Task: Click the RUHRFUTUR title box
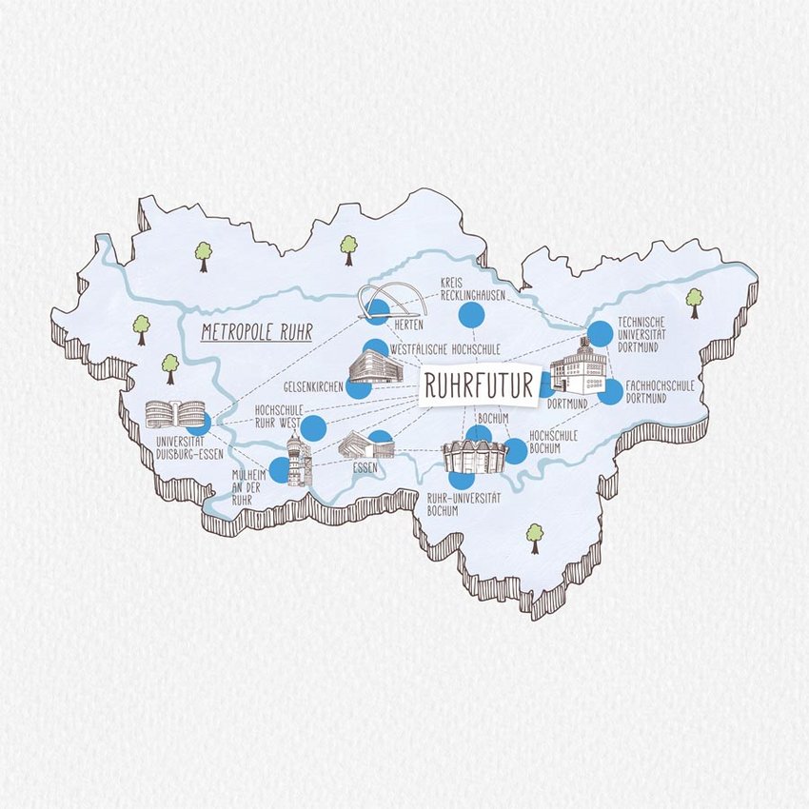click(x=478, y=385)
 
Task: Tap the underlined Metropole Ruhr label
click(x=257, y=333)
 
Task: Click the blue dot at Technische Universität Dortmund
click(x=600, y=332)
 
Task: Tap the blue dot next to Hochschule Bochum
click(x=515, y=451)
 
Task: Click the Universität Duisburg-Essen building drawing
click(x=173, y=415)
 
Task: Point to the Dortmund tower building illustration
click(x=577, y=370)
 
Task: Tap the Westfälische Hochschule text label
click(x=440, y=349)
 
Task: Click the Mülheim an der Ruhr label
click(x=244, y=485)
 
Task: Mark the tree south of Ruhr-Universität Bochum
click(x=534, y=537)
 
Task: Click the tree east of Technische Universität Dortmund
click(x=694, y=302)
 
